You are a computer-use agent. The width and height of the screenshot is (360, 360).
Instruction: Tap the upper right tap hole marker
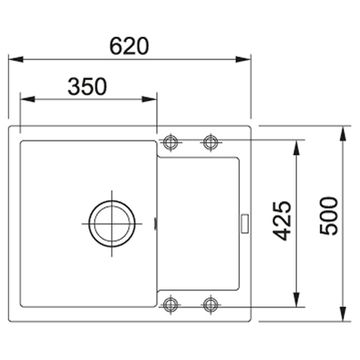[210, 141]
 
